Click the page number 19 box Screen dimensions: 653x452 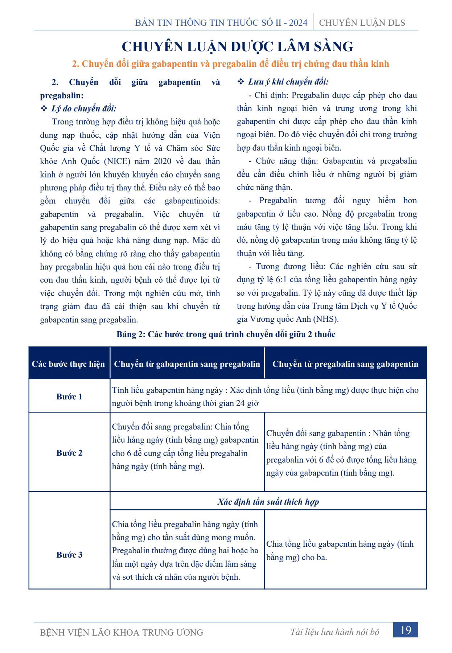coord(406,630)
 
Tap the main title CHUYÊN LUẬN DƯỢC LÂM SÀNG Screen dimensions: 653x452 coord(237,46)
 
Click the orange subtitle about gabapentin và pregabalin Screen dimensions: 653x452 coord(230,64)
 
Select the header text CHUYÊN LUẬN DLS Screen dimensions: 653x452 coord(362,23)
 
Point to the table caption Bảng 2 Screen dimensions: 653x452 coord(226,334)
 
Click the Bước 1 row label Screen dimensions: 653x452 coord(69,397)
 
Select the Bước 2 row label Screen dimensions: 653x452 coord(69,453)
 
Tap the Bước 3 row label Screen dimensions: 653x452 coord(69,555)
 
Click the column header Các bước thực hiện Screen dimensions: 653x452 coord(68,364)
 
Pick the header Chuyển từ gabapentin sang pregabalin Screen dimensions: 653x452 coord(187,364)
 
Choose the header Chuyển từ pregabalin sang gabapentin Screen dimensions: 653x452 coord(345,364)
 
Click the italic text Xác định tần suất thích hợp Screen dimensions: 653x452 coord(268,502)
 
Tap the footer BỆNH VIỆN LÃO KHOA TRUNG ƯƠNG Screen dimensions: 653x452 coord(122,632)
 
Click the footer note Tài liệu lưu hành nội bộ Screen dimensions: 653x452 coord(335,632)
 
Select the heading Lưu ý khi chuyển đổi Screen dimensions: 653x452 coord(288,82)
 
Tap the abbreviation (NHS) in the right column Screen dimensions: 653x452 coord(325,319)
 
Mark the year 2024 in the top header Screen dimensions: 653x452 coord(298,23)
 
